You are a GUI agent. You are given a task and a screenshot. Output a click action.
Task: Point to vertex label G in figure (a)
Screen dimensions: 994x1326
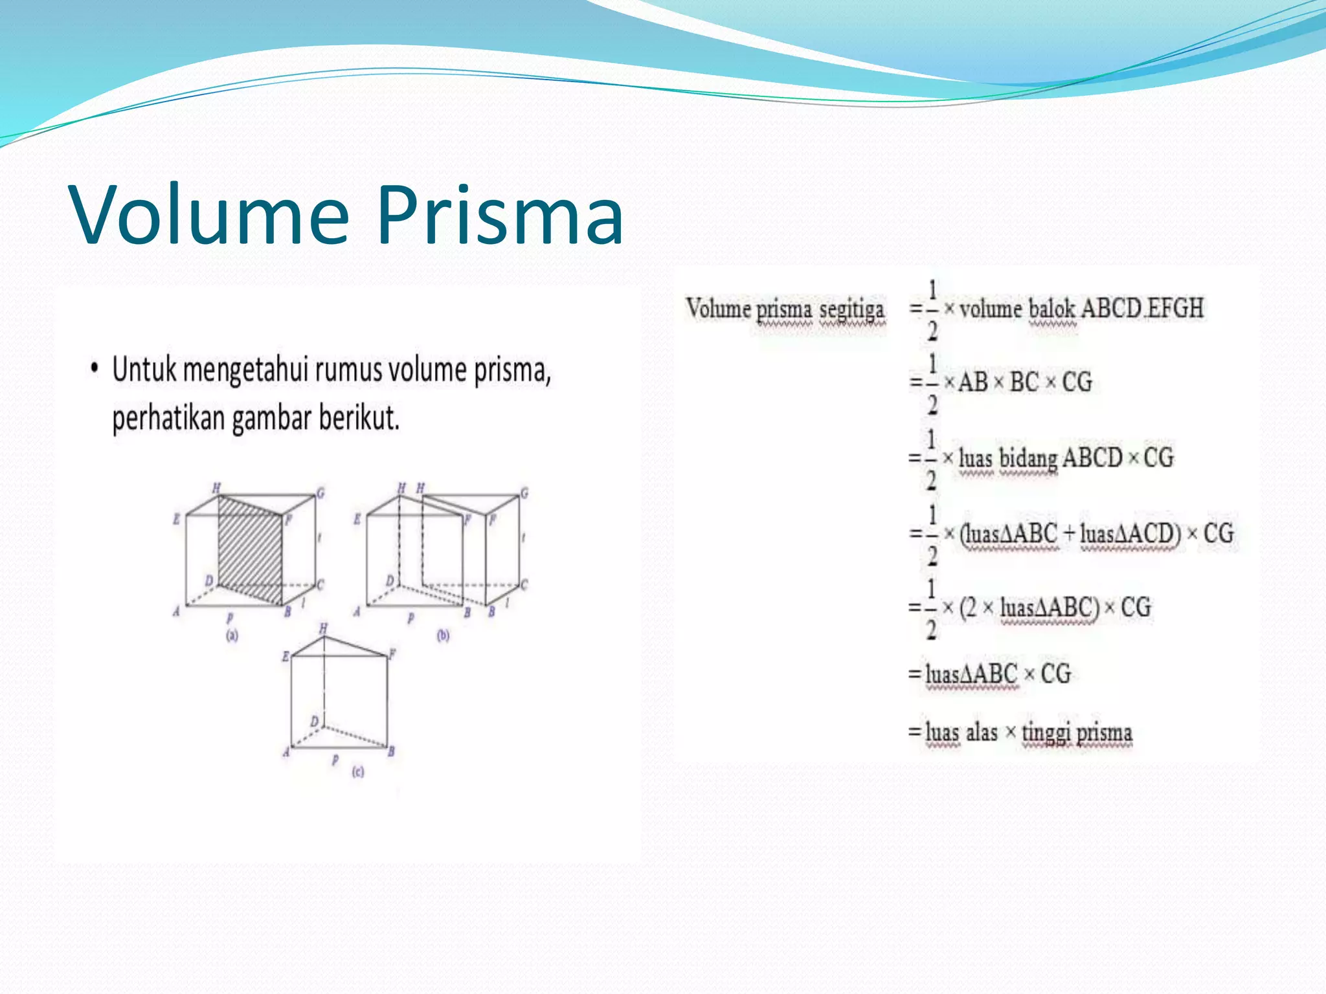[320, 493]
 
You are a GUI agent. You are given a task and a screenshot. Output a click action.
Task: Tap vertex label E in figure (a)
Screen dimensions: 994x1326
[176, 519]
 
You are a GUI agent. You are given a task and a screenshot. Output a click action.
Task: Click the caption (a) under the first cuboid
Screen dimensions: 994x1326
[232, 635]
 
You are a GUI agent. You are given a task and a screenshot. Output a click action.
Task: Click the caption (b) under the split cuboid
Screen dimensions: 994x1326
[443, 635]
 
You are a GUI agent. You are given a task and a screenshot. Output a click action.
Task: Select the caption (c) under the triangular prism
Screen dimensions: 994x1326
[358, 771]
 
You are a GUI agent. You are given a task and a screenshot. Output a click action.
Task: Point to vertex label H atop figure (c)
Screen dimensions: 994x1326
[323, 628]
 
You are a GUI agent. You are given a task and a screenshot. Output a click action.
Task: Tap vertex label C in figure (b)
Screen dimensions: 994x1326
[524, 584]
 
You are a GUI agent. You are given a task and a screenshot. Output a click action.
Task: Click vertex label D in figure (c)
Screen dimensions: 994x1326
[315, 721]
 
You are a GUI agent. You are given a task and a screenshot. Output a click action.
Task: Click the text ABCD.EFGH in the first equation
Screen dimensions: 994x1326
[1142, 309]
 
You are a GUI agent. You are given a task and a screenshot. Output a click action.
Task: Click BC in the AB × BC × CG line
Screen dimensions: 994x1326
[1024, 382]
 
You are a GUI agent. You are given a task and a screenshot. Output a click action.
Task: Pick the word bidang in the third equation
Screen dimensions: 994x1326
[1028, 459]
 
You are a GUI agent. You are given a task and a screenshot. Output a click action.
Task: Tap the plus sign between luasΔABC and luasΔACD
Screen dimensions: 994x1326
[1069, 534]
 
